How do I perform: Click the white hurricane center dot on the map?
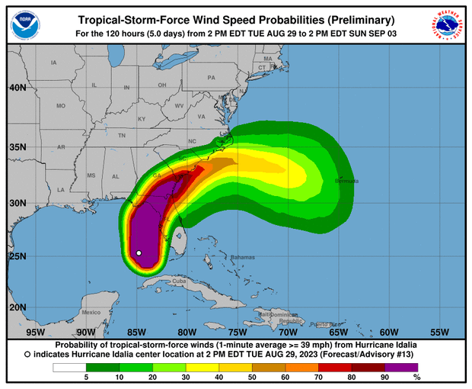click(139, 252)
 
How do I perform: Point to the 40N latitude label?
click(18, 87)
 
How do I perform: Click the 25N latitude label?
click(18, 256)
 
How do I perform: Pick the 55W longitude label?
click(439, 332)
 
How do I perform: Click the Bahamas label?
click(241, 256)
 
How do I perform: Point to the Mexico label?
click(91, 313)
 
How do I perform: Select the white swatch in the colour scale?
click(68, 367)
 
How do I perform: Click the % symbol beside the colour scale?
click(416, 377)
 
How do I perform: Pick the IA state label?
click(53, 63)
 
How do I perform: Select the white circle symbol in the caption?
click(28, 355)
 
